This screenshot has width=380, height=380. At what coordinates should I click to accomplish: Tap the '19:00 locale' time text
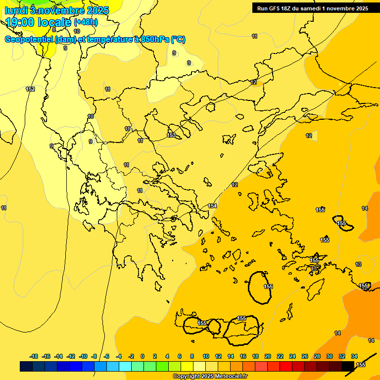click(39, 22)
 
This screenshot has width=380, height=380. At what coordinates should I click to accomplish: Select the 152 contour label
click(30, 89)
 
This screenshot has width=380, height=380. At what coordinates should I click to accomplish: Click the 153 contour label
click(171, 135)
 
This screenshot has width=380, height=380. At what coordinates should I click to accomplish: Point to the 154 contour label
click(212, 206)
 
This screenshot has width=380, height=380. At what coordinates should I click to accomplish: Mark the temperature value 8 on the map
click(54, 44)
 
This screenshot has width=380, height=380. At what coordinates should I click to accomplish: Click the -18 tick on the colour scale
click(34, 356)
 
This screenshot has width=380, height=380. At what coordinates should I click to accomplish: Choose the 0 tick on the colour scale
click(142, 356)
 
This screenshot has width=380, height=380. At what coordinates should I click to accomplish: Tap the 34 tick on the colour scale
click(354, 356)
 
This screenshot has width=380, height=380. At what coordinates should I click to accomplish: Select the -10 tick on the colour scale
click(83, 356)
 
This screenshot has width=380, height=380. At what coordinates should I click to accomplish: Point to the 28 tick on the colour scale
click(317, 356)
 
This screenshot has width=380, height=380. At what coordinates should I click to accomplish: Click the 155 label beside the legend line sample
click(361, 365)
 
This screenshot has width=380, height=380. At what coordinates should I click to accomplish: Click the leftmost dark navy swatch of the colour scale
click(26, 366)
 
